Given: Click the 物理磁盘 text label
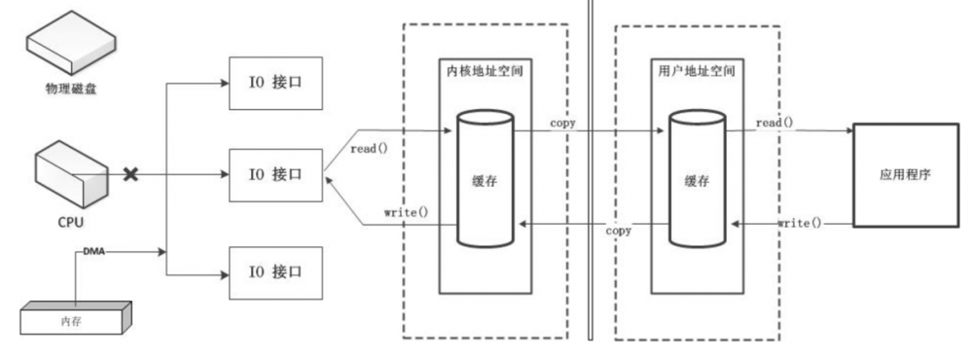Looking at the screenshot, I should point(67,90).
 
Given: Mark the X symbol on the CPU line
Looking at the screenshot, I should point(128,175).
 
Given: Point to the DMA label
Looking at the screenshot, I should point(94,251).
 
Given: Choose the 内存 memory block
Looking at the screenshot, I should point(73,317).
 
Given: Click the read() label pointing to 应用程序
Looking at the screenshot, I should point(775,123).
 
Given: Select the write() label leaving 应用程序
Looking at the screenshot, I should point(800,224).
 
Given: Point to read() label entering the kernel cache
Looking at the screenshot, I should point(368,149).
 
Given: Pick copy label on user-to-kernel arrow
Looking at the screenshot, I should point(619,232).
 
